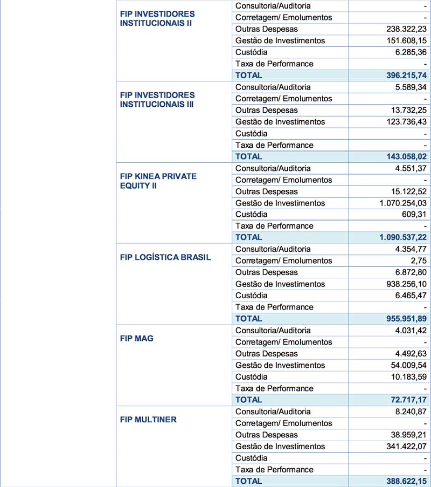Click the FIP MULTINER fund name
(x=148, y=420)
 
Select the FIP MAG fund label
(x=137, y=338)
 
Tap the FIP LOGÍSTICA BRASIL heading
(x=165, y=257)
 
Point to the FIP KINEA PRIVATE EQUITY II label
(x=158, y=181)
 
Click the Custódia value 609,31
(x=415, y=215)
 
